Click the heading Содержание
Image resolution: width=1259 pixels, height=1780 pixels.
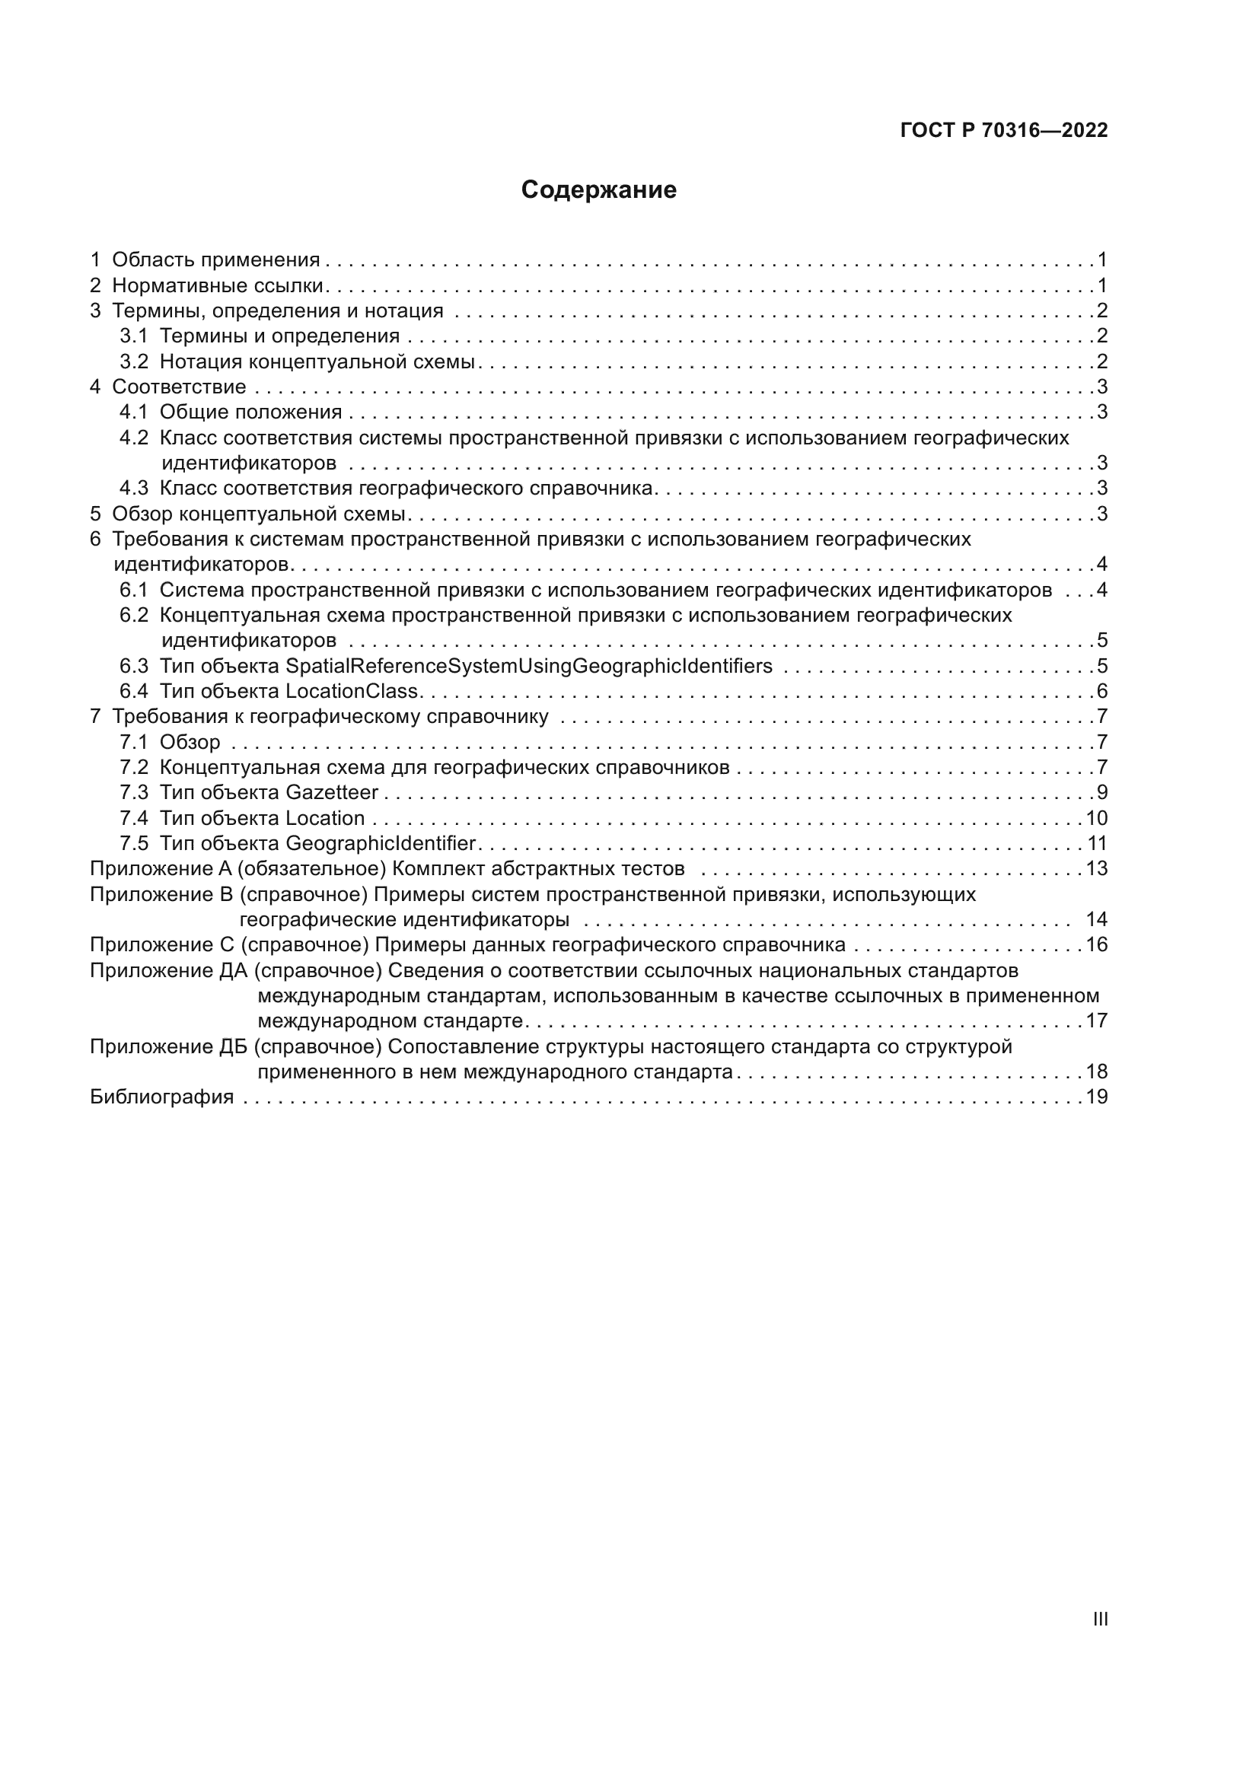tap(598, 190)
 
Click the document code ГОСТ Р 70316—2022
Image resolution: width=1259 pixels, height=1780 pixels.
tap(1004, 130)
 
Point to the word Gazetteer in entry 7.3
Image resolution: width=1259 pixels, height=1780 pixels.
tap(332, 792)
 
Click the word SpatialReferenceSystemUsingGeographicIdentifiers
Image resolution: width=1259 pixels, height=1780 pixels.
tap(529, 666)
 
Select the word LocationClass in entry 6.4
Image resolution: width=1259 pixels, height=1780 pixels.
tap(352, 691)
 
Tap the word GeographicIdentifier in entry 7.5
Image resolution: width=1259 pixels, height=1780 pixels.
tap(380, 842)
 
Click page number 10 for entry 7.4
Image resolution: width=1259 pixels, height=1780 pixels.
tap(1096, 818)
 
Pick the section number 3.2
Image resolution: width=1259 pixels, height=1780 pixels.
tap(133, 361)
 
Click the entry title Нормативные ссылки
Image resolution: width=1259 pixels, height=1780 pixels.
tap(217, 285)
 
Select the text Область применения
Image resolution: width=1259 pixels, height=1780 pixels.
tap(215, 260)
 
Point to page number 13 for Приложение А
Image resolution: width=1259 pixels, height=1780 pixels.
tap(1097, 868)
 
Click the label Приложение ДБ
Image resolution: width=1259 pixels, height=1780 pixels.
tap(167, 1046)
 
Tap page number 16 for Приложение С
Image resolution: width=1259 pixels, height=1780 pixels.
tap(1097, 944)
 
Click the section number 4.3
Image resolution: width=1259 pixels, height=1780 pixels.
tap(133, 488)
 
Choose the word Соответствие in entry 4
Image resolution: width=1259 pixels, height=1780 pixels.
tap(179, 386)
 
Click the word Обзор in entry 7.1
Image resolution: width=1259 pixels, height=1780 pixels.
tap(190, 742)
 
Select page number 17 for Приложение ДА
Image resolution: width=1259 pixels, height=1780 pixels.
tap(1097, 1021)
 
